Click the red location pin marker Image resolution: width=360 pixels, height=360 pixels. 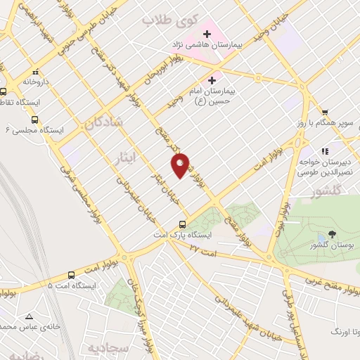tap(181, 166)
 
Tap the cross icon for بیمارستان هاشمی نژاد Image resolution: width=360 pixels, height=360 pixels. tap(207, 33)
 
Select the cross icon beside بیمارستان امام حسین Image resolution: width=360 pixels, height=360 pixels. tap(212, 80)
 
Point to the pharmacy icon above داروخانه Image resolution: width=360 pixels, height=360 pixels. tap(34, 71)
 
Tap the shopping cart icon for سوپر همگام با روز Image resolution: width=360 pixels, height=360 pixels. tap(325, 111)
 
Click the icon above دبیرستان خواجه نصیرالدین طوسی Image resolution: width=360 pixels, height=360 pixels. tap(324, 150)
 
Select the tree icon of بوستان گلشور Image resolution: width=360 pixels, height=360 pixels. tap(333, 234)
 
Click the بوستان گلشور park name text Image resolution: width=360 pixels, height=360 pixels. tap(332, 245)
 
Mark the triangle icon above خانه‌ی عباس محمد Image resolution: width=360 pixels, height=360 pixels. tap(29, 316)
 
